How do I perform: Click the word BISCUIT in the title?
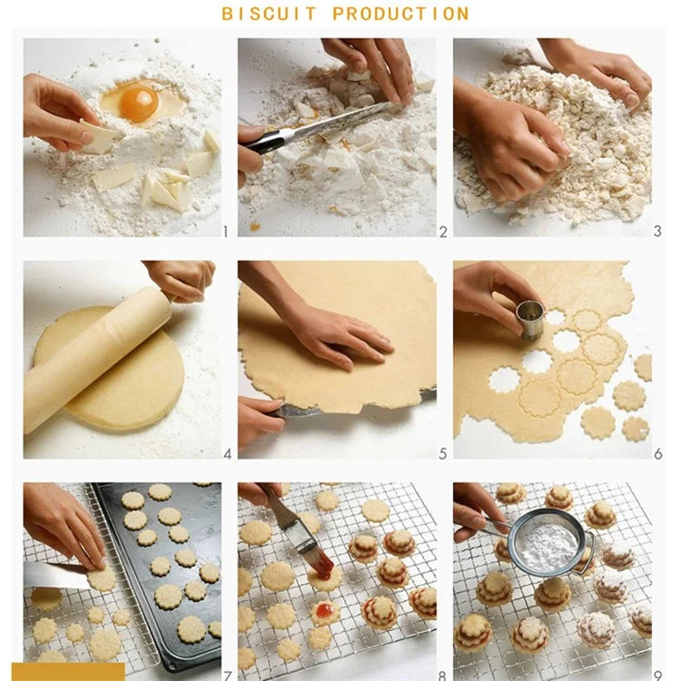point(269,14)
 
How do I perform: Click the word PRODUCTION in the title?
point(400,14)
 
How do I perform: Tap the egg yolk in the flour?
point(139,104)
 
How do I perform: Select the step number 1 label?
point(225,232)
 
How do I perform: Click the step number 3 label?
point(657,231)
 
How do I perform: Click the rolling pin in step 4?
point(98,359)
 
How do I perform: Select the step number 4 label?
point(228,454)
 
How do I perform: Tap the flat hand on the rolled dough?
point(343,338)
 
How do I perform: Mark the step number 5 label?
point(442,454)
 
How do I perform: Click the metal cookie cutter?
point(530,321)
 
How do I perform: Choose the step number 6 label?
point(658,454)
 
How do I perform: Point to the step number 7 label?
point(228,676)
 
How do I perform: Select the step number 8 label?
point(442,676)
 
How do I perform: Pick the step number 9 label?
point(658,676)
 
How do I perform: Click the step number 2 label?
point(443,232)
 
